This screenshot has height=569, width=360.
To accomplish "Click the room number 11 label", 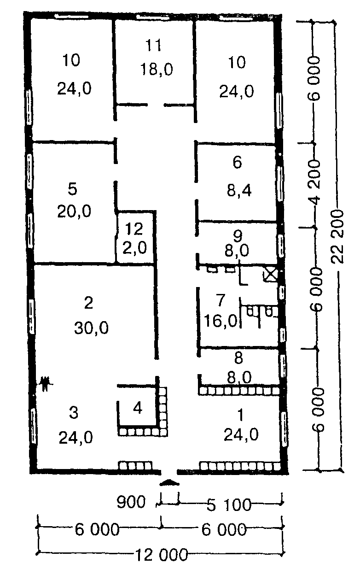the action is tap(154, 45).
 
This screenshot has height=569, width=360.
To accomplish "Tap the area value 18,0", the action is tap(157, 69).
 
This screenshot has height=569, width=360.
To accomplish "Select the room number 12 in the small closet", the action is tap(134, 229).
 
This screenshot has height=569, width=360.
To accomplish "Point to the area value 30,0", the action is tap(92, 328).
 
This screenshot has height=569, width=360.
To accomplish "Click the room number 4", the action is tap(137, 408).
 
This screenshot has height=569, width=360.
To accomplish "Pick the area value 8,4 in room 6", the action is tap(239, 190).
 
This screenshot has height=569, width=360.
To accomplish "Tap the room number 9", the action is tap(238, 235).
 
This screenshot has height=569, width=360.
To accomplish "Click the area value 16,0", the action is tap(220, 321).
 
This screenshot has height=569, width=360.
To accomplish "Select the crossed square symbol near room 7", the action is tap(271, 275).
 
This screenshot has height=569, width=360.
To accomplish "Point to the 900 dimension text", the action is tap(131, 502).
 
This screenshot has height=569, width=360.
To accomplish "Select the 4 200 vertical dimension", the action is tap(315, 182).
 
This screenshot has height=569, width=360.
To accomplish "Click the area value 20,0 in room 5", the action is tap(74, 211).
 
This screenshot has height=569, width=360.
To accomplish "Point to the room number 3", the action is tap(74, 412).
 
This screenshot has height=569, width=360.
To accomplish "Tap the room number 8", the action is tap(238, 358).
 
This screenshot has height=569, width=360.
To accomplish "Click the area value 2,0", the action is tap(134, 248).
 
